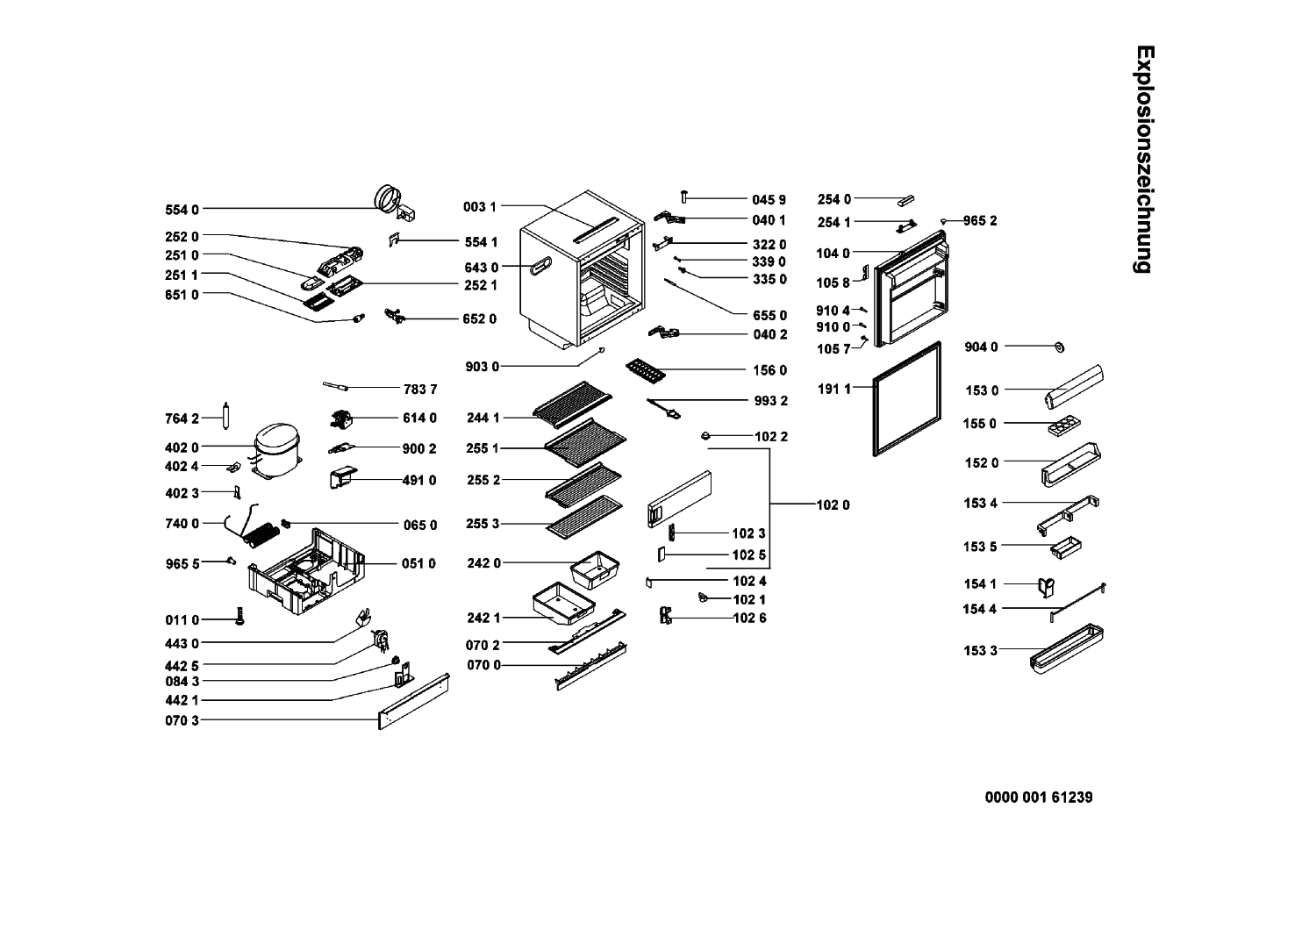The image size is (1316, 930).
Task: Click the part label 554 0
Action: [182, 210]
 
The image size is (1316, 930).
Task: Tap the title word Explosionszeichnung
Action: [1144, 159]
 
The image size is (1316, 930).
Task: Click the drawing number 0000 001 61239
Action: [1039, 798]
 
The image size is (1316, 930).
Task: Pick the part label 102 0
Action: [833, 504]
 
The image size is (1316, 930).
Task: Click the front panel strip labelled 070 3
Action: [413, 702]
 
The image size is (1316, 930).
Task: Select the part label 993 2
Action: [771, 401]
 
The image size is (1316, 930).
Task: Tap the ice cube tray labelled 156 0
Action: [646, 372]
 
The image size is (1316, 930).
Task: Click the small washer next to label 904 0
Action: [1060, 347]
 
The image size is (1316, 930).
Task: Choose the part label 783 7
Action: [420, 389]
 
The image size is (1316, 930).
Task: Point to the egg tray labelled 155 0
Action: [1064, 425]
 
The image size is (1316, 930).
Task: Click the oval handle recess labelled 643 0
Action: [540, 266]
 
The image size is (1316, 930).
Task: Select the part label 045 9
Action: [769, 200]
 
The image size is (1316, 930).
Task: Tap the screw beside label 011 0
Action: [240, 616]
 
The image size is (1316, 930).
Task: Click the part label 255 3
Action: [483, 524]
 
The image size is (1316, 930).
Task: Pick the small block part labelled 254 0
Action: [905, 202]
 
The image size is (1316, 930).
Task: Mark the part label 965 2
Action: [980, 221]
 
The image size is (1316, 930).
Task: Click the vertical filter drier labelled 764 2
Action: [225, 416]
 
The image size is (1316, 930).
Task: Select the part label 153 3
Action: [981, 650]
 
